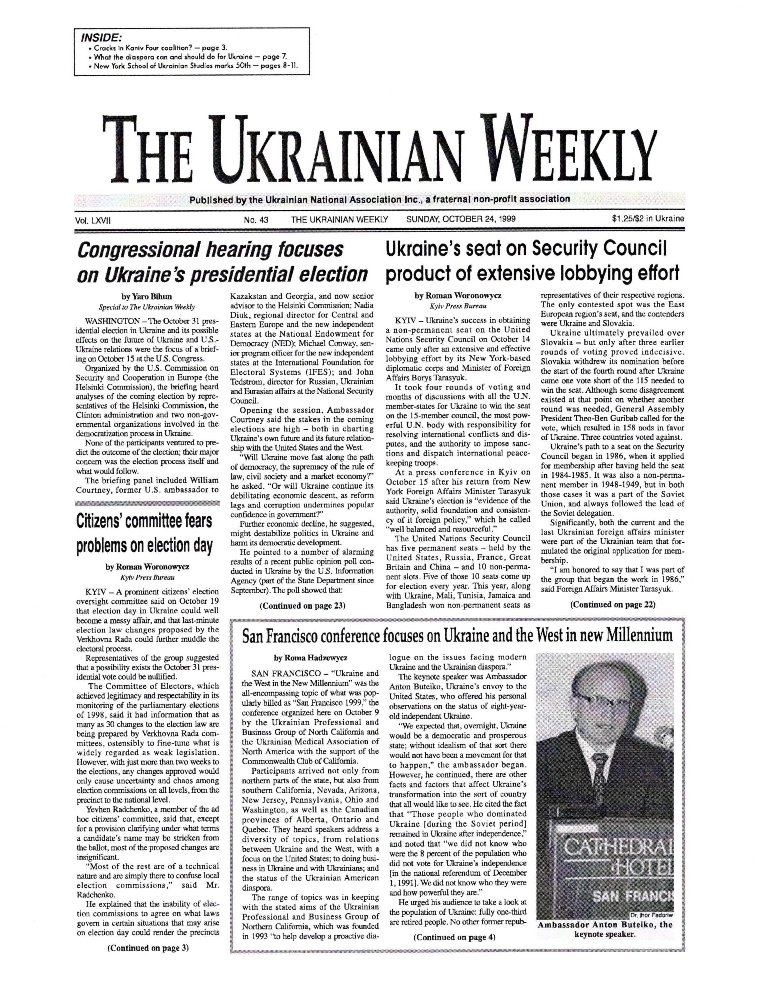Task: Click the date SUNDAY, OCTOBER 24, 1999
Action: pos(461,219)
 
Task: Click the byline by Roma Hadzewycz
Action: pos(311,657)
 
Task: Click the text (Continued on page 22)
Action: pos(612,604)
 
